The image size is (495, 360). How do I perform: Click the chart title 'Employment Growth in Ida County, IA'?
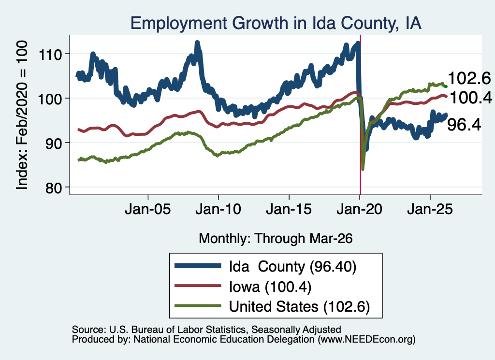(276, 23)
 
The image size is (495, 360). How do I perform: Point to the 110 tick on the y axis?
(50, 55)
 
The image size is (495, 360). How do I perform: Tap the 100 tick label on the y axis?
(50, 99)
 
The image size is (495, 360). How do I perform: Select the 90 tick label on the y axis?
(54, 144)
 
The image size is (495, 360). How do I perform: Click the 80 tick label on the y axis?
(54, 188)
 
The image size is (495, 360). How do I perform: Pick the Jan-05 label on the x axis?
(148, 209)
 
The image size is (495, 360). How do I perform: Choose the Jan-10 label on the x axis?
(218, 209)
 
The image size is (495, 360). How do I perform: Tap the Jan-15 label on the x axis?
(289, 209)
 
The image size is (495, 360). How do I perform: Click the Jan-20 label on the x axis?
(359, 209)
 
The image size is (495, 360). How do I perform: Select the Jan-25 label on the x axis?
(430, 209)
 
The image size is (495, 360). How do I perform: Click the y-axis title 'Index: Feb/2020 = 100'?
(22, 115)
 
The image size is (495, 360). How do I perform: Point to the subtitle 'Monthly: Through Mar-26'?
(276, 239)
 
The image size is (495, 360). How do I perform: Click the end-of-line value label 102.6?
(469, 78)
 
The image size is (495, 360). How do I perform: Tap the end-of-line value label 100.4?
(471, 98)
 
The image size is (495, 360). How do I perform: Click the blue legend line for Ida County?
(198, 266)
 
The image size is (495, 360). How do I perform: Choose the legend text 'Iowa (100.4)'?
(270, 287)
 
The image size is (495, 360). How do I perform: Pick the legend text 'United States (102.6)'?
(299, 307)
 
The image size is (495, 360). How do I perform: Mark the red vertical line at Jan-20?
(360, 115)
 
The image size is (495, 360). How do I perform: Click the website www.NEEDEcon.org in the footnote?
(366, 340)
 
